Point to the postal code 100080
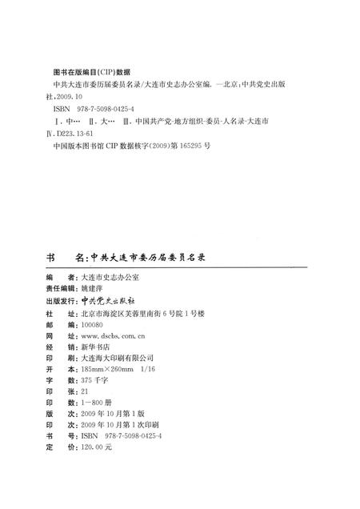[93, 327]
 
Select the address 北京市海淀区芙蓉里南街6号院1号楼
[149, 315]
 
